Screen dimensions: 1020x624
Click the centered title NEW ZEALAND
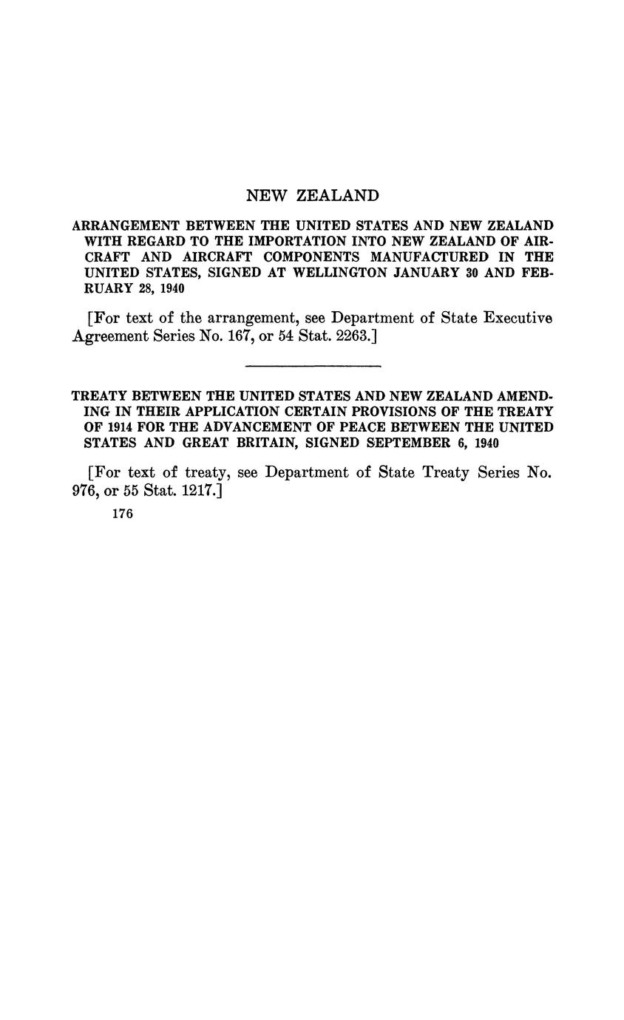[x=312, y=196]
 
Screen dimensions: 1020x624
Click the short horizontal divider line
[x=312, y=366]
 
